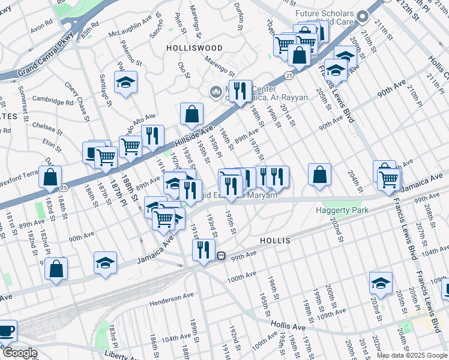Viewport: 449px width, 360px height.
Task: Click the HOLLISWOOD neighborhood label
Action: coord(194,47)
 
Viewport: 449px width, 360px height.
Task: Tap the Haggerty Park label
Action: coord(342,210)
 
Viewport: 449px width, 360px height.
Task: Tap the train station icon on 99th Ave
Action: coord(221,256)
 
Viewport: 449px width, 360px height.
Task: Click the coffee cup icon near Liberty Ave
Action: coord(6,331)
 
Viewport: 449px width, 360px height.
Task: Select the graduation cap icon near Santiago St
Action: coord(125,82)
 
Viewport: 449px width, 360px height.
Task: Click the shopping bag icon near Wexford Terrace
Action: coord(51,177)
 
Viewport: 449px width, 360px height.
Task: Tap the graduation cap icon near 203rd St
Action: coord(381,282)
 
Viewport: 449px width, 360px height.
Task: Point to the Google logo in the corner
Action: coord(19,353)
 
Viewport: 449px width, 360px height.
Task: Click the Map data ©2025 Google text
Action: coord(411,355)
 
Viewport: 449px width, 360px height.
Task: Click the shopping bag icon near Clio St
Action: coord(191,113)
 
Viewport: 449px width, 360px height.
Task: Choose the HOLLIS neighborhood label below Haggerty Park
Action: coord(275,240)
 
